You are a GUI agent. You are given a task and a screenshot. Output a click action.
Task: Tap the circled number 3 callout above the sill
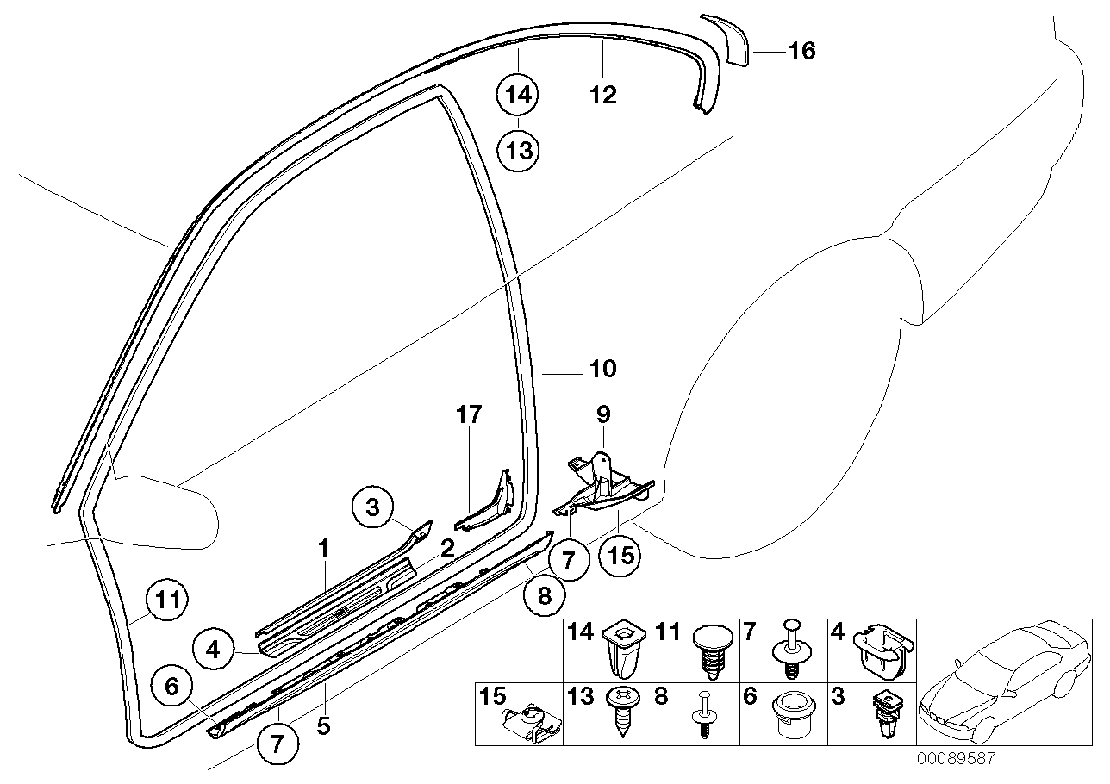tap(372, 508)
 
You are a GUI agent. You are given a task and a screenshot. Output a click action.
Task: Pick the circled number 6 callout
tap(171, 687)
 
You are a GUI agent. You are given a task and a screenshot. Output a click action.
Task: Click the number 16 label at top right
tap(801, 52)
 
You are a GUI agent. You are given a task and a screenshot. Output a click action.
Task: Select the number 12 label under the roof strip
tap(603, 95)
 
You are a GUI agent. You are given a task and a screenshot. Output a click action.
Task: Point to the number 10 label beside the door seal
tap(603, 370)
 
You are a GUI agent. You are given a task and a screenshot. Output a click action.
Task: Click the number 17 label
tap(469, 415)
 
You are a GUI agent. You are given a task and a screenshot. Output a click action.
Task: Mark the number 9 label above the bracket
tap(603, 415)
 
